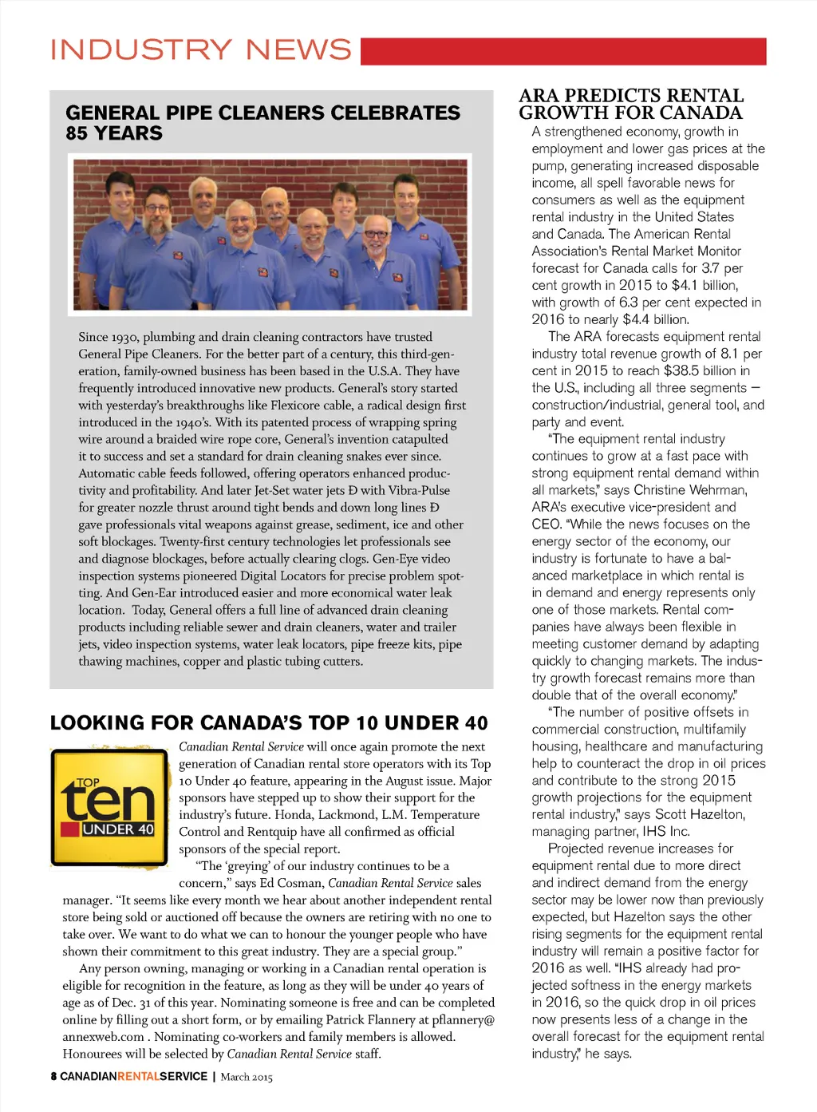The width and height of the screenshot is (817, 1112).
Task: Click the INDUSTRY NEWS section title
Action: (200, 49)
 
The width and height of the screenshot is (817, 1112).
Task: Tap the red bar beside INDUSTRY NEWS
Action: (562, 51)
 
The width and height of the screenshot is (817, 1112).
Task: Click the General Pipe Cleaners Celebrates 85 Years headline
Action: (262, 123)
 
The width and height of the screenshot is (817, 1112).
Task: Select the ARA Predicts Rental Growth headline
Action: (630, 105)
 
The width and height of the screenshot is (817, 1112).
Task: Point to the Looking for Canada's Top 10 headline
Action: (269, 723)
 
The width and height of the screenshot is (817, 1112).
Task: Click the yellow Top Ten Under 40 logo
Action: (109, 807)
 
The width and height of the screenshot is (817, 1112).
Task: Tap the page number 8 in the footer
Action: (53, 1076)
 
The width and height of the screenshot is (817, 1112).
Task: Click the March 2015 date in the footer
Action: (247, 1077)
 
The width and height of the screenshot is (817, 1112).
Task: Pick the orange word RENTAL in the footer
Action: (138, 1076)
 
